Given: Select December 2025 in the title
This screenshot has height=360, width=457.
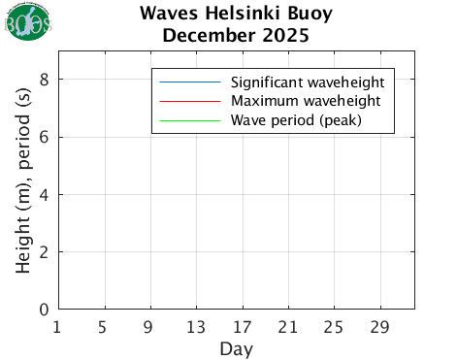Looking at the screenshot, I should [x=236, y=37].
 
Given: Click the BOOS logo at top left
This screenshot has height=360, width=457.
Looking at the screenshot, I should [x=28, y=22].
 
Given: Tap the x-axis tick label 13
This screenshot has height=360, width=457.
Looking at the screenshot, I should [x=196, y=327].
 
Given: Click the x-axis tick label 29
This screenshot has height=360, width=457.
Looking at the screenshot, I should [x=380, y=327].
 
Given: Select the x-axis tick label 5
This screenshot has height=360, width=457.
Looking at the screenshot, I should [x=104, y=327].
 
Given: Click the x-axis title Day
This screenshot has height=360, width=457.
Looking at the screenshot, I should [x=236, y=347].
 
